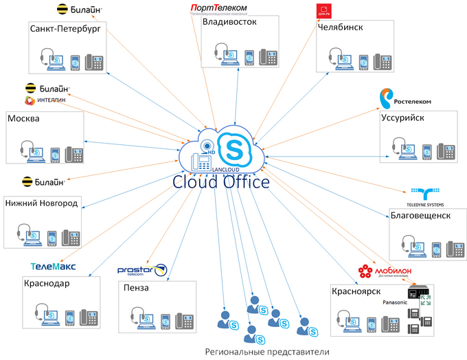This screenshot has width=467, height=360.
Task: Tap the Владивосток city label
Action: (229, 22)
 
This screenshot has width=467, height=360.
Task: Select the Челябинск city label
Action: (341, 28)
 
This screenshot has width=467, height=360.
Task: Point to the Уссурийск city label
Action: (403, 117)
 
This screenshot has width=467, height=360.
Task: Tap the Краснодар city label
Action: (47, 283)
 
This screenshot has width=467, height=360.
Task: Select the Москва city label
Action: (23, 118)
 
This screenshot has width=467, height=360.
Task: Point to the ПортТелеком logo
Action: (218, 8)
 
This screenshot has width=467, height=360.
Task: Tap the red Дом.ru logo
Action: (323, 11)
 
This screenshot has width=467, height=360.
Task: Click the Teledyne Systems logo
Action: (426, 196)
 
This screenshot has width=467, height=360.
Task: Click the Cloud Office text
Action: (220, 182)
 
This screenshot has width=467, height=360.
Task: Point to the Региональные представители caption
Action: (266, 351)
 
